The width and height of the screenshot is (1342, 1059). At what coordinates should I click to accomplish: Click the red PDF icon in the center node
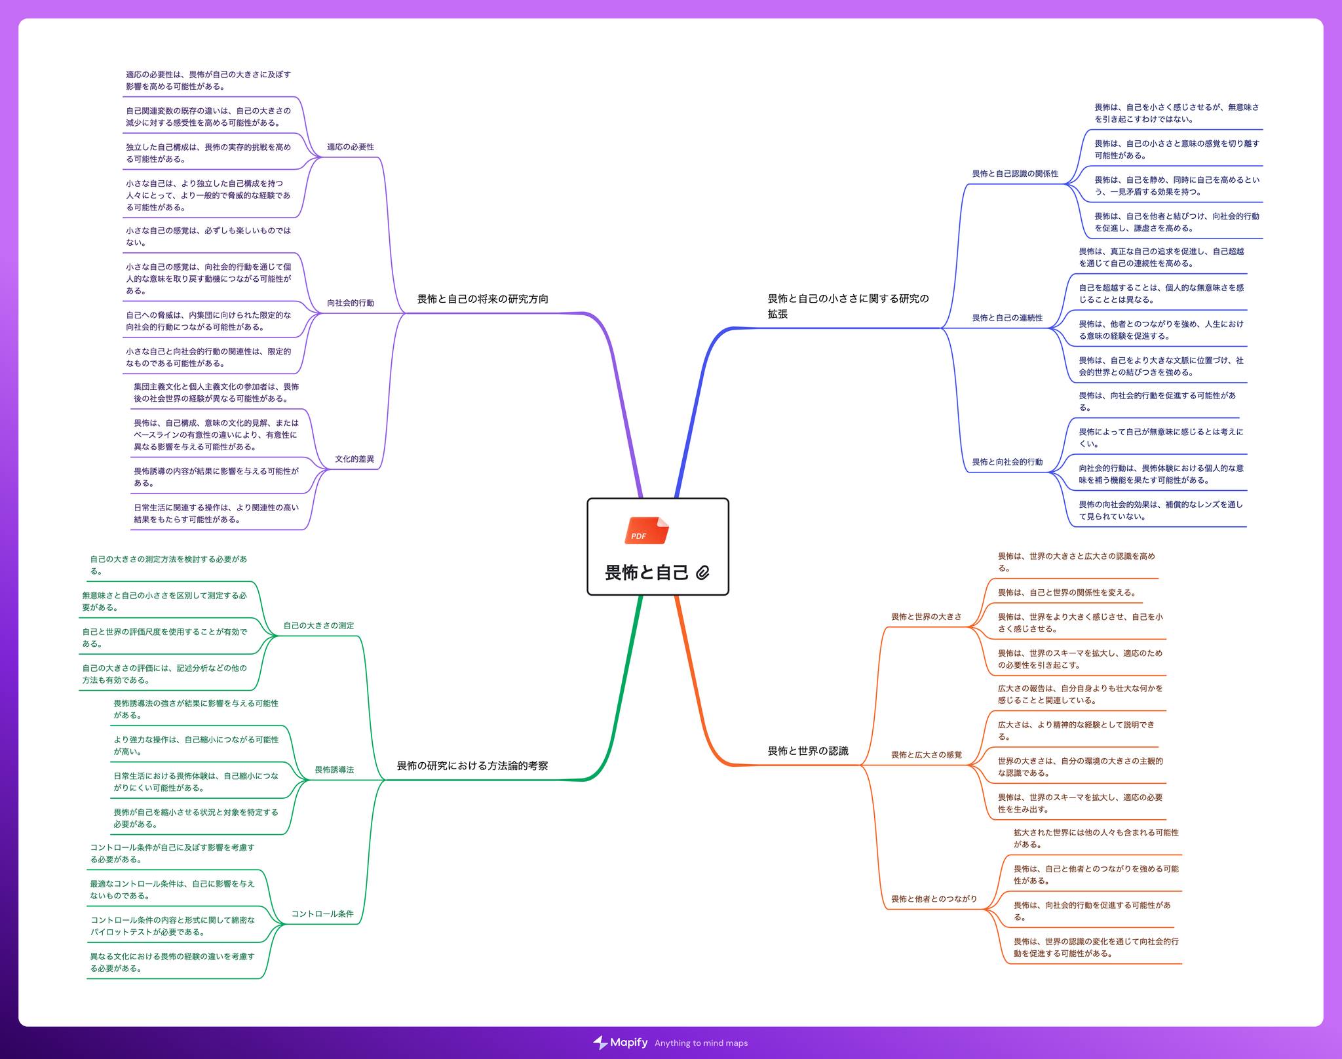click(647, 531)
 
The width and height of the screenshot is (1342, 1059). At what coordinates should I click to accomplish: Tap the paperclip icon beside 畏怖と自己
click(702, 573)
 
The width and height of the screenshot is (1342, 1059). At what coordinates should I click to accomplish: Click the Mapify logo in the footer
click(620, 1043)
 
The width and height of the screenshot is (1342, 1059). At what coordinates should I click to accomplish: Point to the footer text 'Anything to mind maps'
click(701, 1043)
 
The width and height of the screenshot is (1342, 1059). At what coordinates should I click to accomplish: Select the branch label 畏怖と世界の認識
click(808, 751)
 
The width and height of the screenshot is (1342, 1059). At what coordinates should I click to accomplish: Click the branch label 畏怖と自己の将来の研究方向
click(483, 299)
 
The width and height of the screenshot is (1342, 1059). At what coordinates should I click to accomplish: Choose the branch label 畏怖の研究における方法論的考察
click(472, 765)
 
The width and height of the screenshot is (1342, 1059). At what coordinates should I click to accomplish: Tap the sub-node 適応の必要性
click(351, 147)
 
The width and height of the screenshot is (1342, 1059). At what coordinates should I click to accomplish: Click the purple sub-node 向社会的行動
click(351, 303)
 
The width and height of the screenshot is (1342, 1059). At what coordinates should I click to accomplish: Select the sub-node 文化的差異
click(355, 459)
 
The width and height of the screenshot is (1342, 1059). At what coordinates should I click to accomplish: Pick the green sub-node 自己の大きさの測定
click(318, 625)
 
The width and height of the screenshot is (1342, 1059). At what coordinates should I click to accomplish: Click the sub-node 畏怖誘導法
click(334, 769)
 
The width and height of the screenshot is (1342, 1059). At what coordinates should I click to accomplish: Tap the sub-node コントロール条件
click(322, 914)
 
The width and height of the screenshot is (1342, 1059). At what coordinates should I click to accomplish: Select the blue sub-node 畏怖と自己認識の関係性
click(1015, 174)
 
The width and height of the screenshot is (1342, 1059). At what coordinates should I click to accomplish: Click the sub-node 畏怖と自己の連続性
click(1007, 318)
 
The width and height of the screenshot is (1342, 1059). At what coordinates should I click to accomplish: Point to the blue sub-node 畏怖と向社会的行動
click(1007, 462)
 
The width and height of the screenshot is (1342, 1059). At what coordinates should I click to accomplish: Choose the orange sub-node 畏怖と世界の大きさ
click(927, 617)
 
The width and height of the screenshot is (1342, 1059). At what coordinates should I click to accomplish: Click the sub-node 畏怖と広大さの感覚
click(927, 755)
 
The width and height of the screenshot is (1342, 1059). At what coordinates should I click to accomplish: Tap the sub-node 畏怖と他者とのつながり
click(934, 899)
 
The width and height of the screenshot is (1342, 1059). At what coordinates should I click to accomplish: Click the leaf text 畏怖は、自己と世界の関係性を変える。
click(1067, 592)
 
